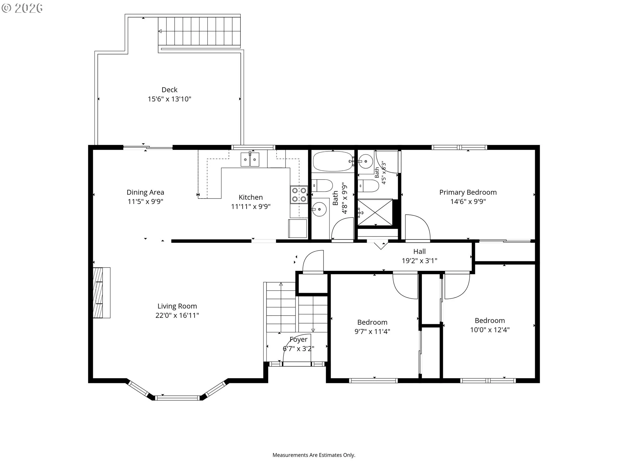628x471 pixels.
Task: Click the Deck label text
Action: pos(169,90)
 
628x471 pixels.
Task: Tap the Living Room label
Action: pos(177,306)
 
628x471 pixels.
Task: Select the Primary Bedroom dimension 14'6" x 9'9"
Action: pos(468,201)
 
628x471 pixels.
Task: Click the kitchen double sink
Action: pos(250,160)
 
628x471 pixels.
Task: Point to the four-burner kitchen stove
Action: pos(299,195)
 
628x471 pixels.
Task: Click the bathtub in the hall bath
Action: pos(333,161)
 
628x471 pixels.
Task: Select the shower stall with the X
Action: pos(375,212)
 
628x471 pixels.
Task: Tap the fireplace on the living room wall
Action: pos(101,293)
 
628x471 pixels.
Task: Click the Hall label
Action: pos(419,252)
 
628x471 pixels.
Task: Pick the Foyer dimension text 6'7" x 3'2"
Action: pos(298,349)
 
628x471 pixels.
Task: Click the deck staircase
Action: pos(200,31)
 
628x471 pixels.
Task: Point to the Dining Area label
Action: pos(145,192)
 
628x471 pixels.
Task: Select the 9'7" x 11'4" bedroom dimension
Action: pos(372,331)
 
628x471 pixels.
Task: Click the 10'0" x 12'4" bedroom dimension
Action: pos(490,330)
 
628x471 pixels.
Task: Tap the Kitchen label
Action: pos(251,197)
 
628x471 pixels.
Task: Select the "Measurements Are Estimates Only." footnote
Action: pos(314,455)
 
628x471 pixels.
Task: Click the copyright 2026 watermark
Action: pos(22,8)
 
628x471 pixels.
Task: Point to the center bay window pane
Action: pos(177,398)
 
